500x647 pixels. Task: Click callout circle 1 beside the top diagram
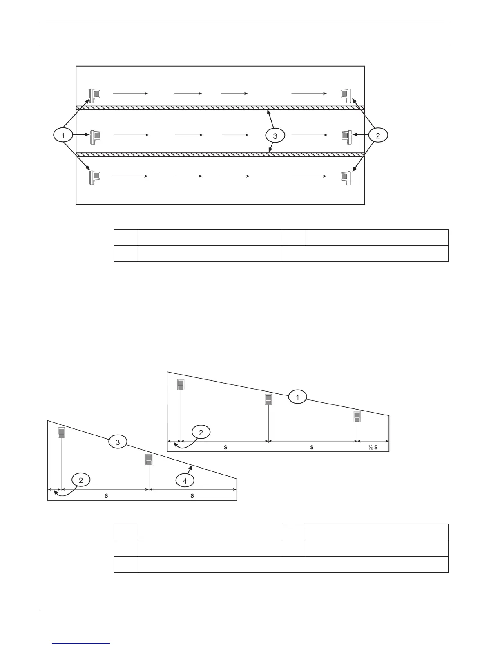click(x=63, y=135)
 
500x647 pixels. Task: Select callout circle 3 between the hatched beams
click(x=275, y=136)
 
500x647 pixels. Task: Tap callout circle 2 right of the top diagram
click(x=378, y=136)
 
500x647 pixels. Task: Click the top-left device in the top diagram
click(x=94, y=95)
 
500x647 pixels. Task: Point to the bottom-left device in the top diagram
click(x=94, y=177)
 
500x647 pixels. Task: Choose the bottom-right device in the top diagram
click(x=346, y=176)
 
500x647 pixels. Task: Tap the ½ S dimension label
click(x=373, y=447)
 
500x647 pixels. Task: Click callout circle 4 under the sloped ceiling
click(x=185, y=481)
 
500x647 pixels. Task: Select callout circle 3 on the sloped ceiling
click(x=118, y=442)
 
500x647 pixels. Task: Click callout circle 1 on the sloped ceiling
click(x=297, y=397)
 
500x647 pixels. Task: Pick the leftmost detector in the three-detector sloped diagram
click(x=181, y=385)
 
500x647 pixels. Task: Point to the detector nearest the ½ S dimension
click(x=357, y=417)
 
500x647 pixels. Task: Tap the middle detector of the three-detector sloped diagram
click(x=268, y=399)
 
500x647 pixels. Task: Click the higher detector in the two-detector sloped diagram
click(x=61, y=433)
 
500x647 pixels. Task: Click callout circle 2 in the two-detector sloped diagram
click(x=81, y=480)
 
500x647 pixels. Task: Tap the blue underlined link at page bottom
click(x=81, y=644)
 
